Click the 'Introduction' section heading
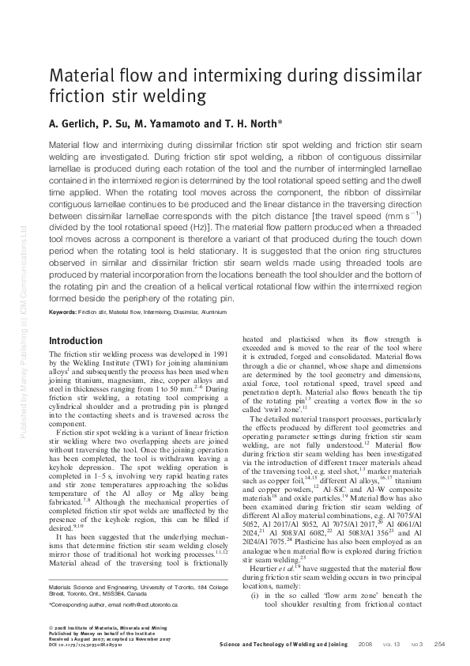pyautogui.click(x=76, y=341)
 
